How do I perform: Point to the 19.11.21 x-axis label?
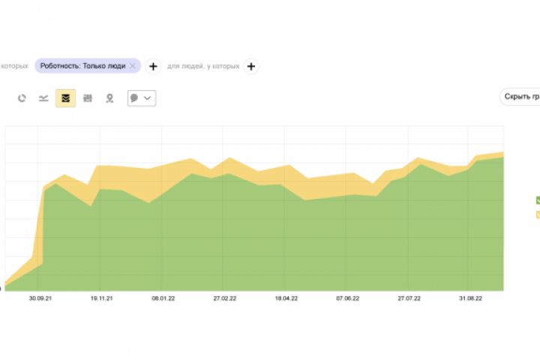click(100, 298)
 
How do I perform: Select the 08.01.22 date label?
click(163, 298)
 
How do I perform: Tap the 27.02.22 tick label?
click(224, 298)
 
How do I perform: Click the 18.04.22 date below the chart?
click(286, 298)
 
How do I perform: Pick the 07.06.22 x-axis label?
click(347, 298)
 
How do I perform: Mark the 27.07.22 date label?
click(409, 298)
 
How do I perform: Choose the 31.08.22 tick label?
click(470, 298)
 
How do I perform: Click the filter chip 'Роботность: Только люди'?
click(82, 66)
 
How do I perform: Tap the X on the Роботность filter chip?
click(133, 66)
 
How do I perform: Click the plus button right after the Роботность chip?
click(152, 66)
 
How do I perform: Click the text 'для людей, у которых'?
click(203, 66)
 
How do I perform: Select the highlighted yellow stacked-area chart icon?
click(65, 98)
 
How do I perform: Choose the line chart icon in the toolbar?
click(43, 98)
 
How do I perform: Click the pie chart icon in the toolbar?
click(22, 98)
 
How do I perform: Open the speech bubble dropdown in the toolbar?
click(141, 98)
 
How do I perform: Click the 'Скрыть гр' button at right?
click(520, 97)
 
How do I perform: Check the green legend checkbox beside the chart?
click(537, 200)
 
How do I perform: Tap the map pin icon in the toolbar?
click(109, 98)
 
